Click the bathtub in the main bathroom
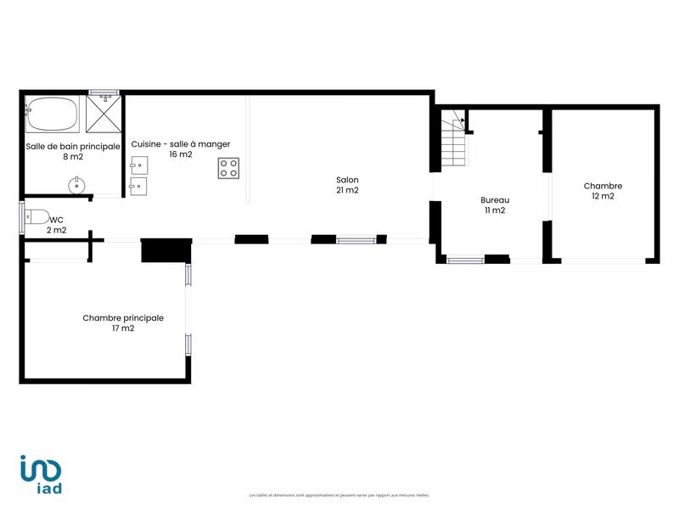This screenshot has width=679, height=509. click(x=52, y=115)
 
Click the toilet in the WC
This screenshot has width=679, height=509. click(x=36, y=215)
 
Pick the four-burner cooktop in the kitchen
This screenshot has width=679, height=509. click(x=228, y=168)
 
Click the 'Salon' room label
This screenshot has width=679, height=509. click(x=347, y=180)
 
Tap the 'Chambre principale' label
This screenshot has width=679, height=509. click(x=123, y=318)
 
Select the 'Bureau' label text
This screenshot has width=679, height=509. click(x=495, y=200)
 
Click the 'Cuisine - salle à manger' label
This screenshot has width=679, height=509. click(x=180, y=144)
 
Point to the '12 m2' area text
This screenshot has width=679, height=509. click(x=603, y=196)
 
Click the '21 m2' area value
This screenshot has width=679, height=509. click(x=347, y=190)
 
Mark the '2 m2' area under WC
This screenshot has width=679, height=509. click(x=56, y=230)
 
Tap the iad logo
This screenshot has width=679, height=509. click(x=42, y=474)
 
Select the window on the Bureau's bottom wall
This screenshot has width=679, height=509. click(x=465, y=260)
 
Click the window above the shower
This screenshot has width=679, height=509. click(x=104, y=92)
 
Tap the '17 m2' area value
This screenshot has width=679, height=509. click(x=123, y=328)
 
